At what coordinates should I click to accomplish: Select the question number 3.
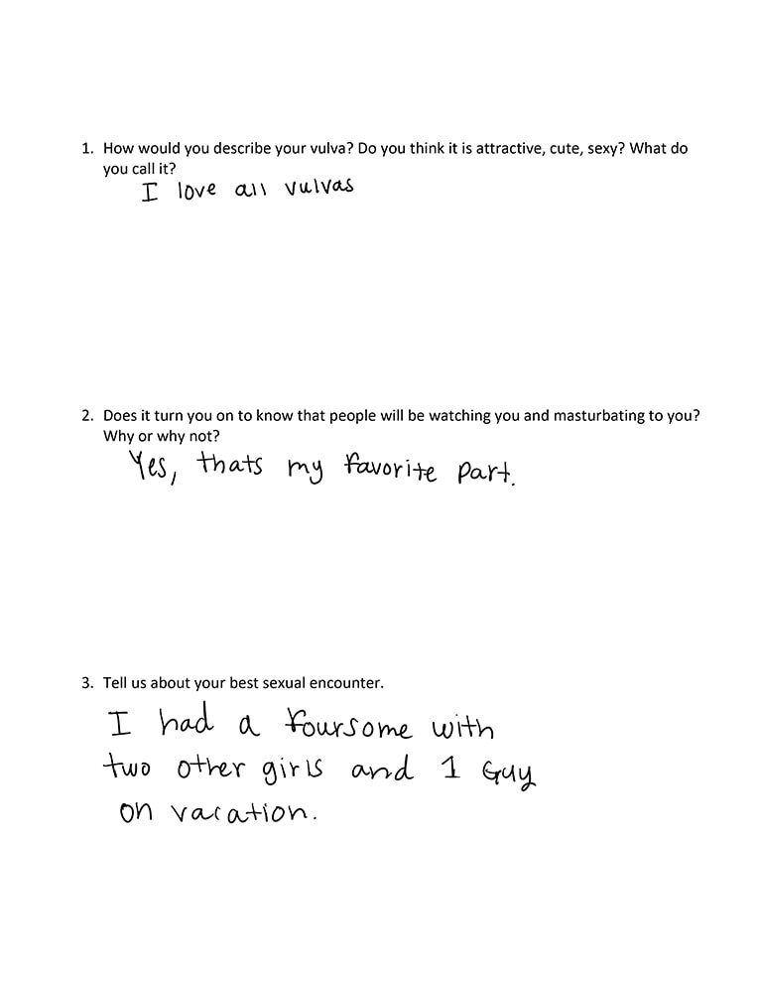(x=86, y=684)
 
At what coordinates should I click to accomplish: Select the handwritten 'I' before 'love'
(x=150, y=193)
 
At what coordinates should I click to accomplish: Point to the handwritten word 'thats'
(x=229, y=465)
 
